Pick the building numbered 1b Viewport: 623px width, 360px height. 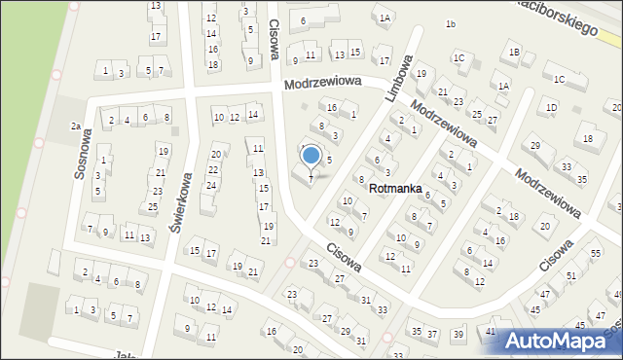point(450,23)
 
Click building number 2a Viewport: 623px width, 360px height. point(75,126)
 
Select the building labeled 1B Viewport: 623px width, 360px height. point(514,51)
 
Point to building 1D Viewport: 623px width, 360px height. point(552,107)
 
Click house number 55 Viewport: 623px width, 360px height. point(596,253)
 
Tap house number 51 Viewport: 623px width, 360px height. point(571,275)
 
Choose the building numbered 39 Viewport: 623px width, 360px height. point(458,334)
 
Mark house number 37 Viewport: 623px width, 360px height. point(432,334)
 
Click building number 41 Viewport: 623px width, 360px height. point(492,332)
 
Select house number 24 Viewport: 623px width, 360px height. point(211,185)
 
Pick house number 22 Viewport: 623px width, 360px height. point(213,169)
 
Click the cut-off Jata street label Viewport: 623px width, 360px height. point(123,356)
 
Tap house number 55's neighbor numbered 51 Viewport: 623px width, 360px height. point(571,275)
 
